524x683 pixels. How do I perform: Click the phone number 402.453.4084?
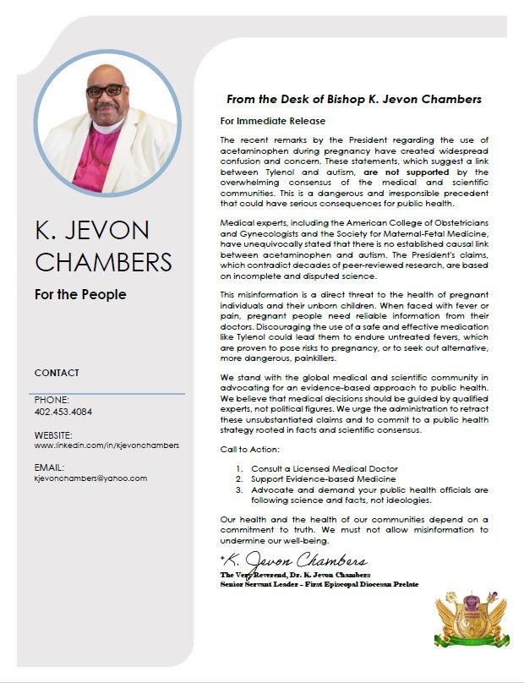[x=63, y=412]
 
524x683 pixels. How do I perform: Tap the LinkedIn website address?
[x=106, y=445]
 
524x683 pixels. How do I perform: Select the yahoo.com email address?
[x=90, y=478]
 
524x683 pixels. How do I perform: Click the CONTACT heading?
[x=57, y=373]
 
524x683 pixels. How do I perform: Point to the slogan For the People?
[x=80, y=295]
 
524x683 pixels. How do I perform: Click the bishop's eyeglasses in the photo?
[x=105, y=90]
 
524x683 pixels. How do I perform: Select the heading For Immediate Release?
[x=272, y=121]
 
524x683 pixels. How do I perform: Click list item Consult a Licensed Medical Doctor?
[x=324, y=468]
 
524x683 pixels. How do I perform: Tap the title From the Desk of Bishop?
[x=353, y=99]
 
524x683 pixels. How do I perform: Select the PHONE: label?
[x=52, y=400]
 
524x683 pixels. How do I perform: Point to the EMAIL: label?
[x=49, y=467]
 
